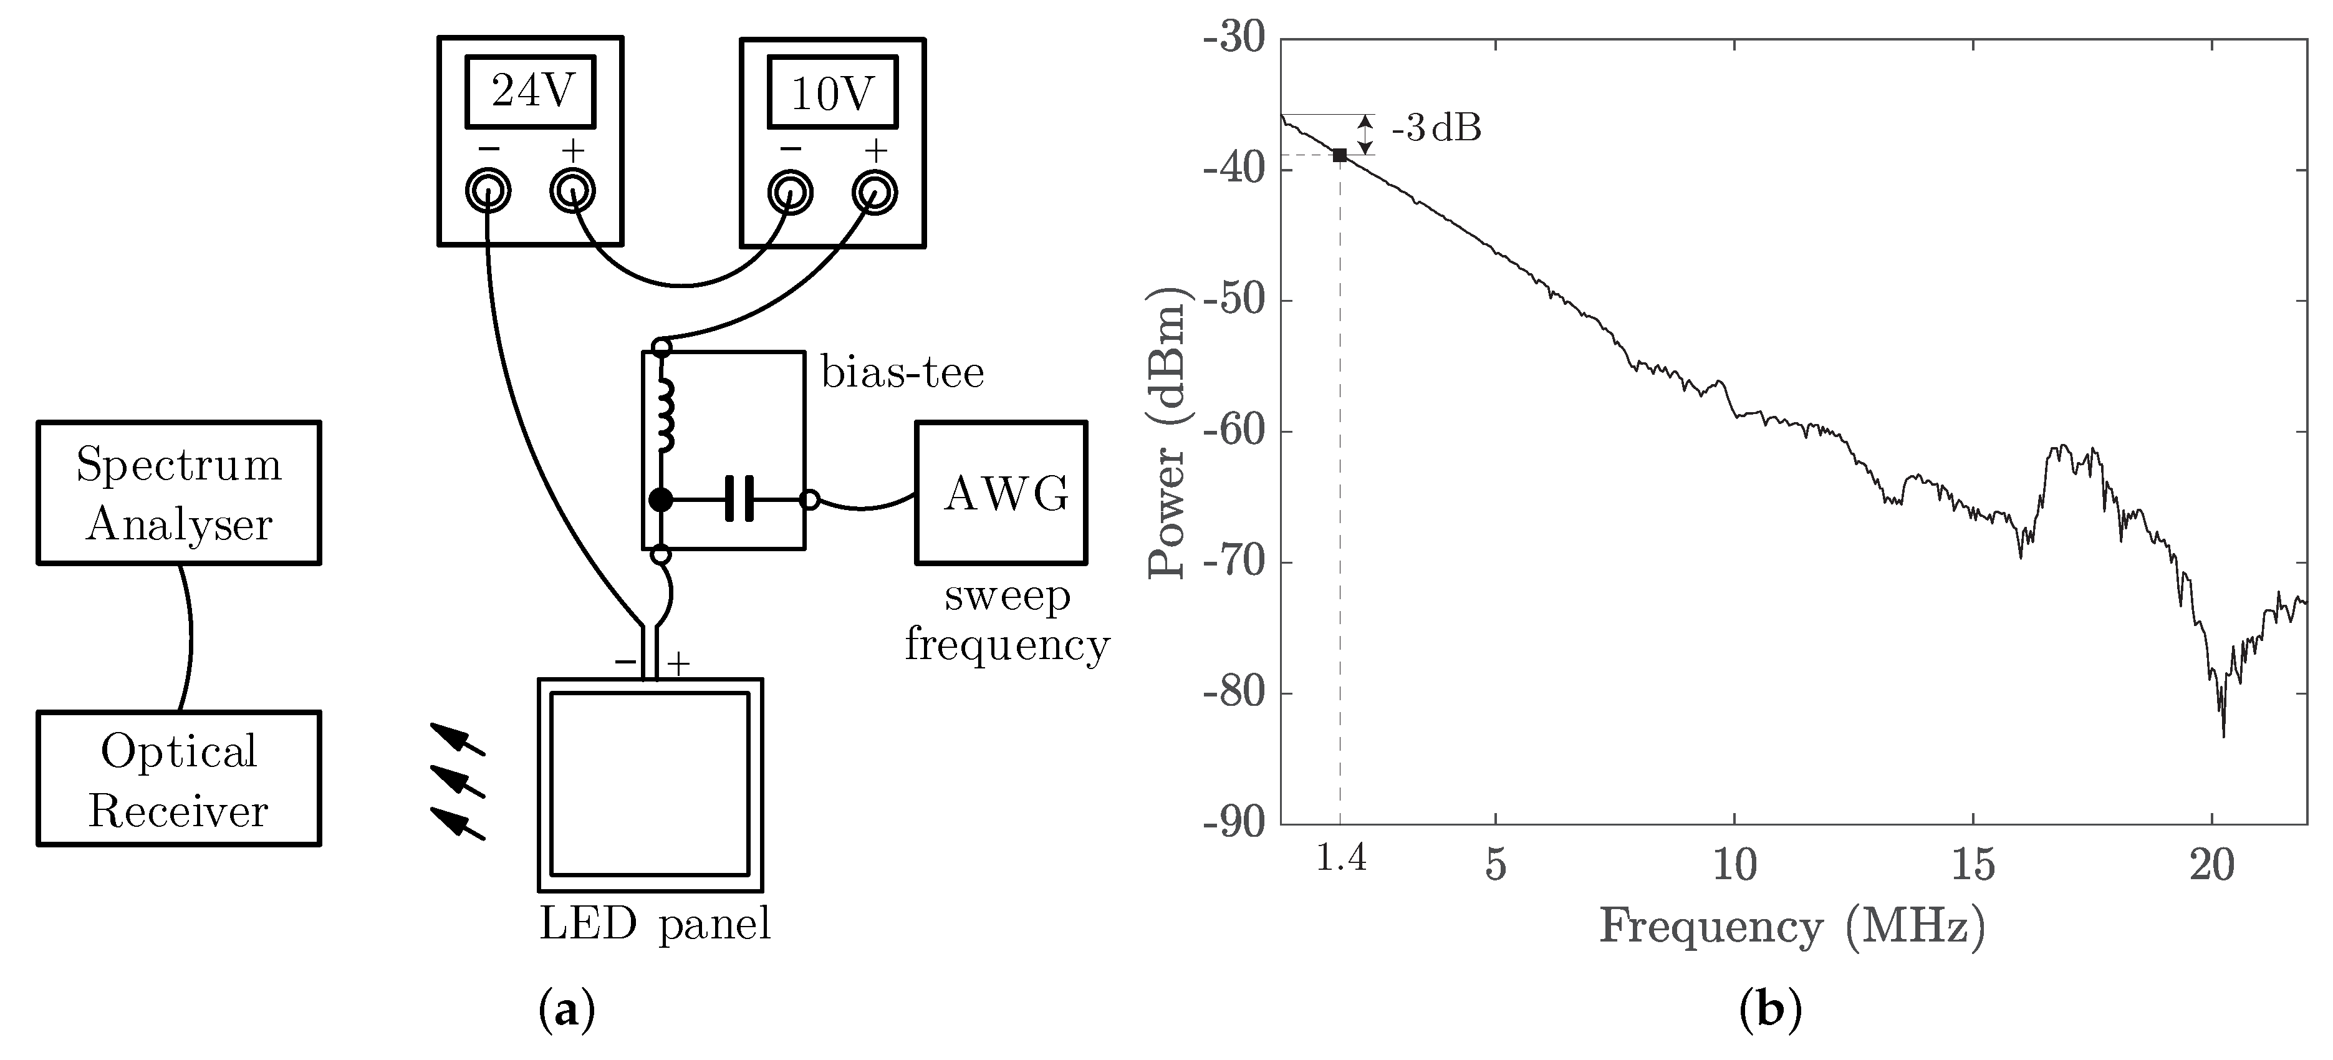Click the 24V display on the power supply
(531, 92)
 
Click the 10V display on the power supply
(832, 94)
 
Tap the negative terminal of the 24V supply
(488, 191)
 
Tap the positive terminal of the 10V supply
(875, 192)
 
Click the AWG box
(1001, 493)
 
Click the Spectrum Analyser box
(178, 493)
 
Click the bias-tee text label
(902, 372)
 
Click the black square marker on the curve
(1339, 156)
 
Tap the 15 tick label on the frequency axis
(1973, 865)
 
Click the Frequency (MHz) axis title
(1791, 927)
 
